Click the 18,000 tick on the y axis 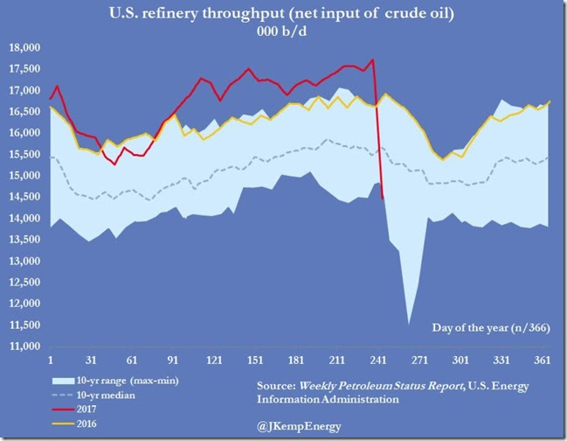26,48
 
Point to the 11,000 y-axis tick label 26,346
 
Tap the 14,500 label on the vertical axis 26,197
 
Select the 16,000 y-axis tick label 26,133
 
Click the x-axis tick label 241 211,360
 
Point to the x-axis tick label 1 51,360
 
